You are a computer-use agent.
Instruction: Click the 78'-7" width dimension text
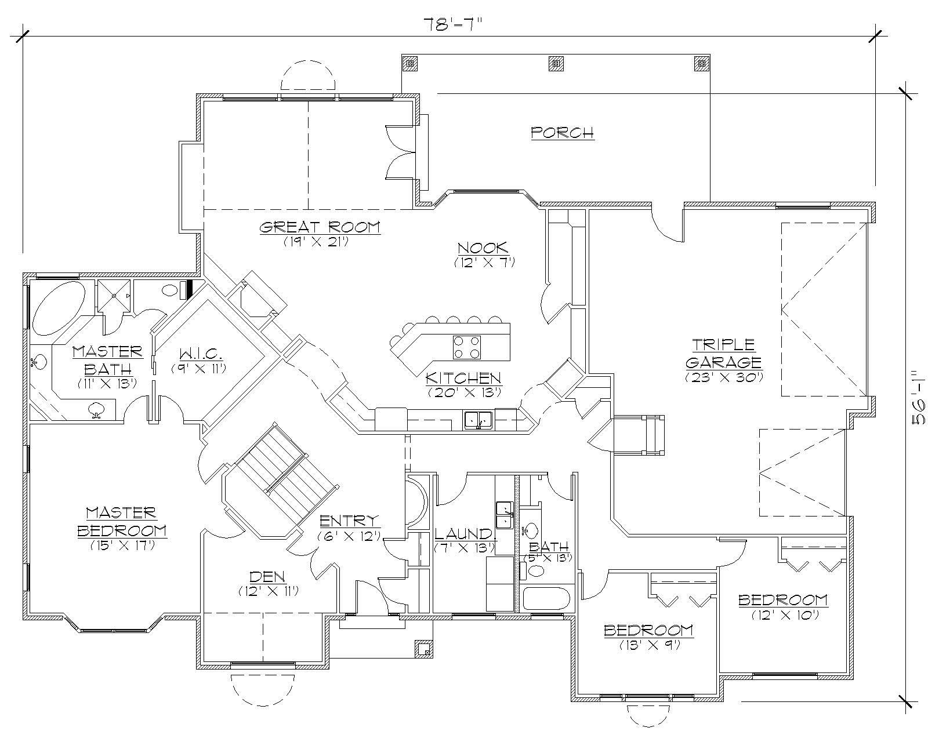453,25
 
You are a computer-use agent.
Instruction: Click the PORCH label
562,133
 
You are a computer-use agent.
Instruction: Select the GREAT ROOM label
319,227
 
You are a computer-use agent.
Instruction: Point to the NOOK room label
483,248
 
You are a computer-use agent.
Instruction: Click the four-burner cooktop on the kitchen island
467,347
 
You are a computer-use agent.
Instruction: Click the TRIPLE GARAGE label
723,354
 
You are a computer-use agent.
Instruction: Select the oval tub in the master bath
58,306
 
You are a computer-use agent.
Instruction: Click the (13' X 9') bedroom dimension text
649,644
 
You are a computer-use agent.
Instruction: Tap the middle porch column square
556,63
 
